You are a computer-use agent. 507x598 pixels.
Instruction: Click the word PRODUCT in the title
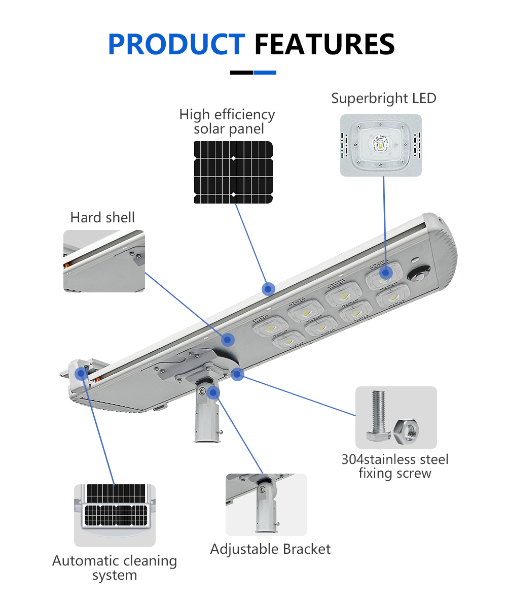point(176,44)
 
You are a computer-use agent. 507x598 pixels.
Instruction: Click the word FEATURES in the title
point(324,44)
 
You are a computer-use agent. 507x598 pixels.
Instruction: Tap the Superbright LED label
point(384,98)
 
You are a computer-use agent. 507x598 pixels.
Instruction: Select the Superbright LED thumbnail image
point(381,145)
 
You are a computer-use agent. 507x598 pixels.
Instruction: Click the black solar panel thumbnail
point(233,172)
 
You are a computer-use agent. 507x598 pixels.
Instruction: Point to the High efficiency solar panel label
point(227,121)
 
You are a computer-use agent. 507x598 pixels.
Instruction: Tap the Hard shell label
point(102,218)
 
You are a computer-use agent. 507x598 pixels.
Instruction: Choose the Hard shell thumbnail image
point(104,261)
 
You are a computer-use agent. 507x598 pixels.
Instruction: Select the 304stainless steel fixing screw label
point(395,467)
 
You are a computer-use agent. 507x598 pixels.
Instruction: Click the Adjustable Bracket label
point(270,549)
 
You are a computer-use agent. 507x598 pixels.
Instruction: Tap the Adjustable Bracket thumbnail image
point(266,505)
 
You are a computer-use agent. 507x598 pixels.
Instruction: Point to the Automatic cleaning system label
point(115,568)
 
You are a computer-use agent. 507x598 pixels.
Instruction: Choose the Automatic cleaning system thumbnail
point(115,514)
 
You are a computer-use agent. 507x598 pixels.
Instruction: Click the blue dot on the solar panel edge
point(268,289)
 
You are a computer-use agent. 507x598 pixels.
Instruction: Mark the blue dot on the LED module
point(386,273)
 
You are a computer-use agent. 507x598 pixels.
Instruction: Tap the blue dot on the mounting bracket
point(213,392)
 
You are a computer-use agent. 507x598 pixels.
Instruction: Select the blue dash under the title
point(265,73)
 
